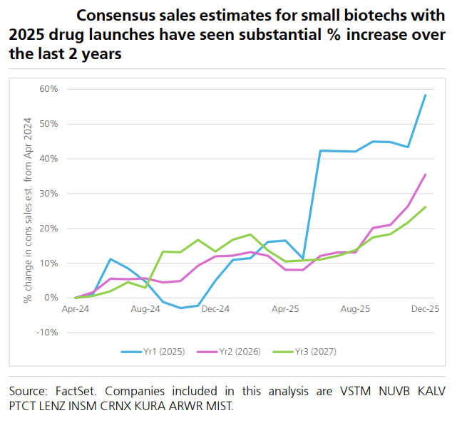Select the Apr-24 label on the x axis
click(x=76, y=309)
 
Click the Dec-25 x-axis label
click(x=425, y=309)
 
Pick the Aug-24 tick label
click(x=145, y=309)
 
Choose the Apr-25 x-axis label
click(x=285, y=309)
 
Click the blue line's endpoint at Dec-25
click(x=426, y=95)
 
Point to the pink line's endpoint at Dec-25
click(x=426, y=174)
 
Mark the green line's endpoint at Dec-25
click(x=426, y=207)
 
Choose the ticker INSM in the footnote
click(x=88, y=407)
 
